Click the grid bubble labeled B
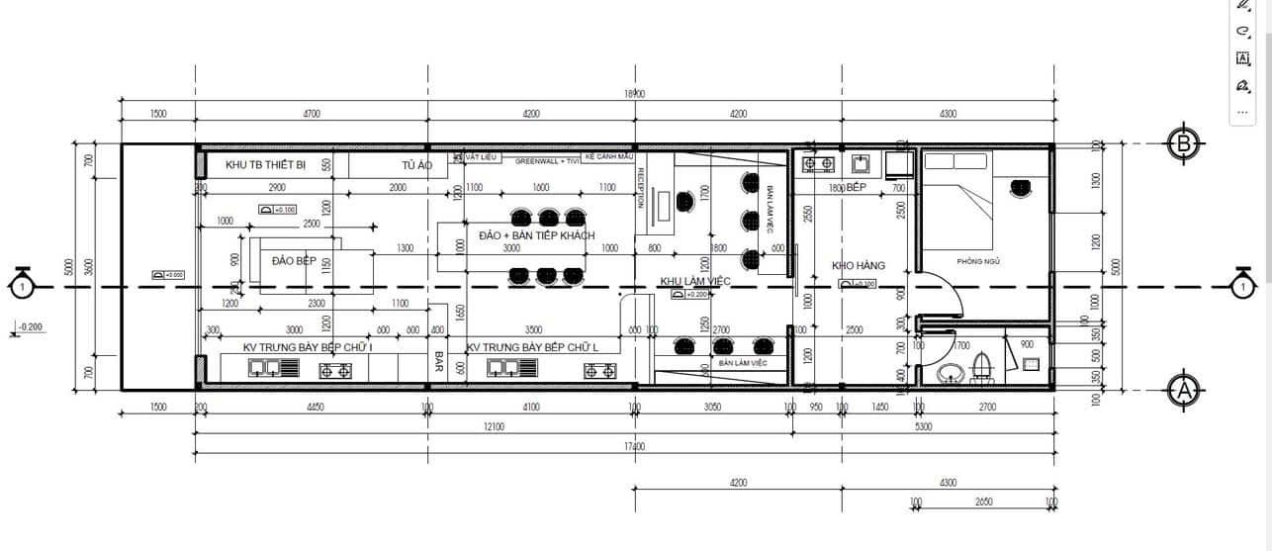[1184, 143]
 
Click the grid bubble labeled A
[1184, 390]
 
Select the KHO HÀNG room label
[858, 265]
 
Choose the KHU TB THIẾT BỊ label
[266, 164]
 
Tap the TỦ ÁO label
[415, 165]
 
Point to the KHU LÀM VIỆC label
[694, 282]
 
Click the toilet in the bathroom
[983, 364]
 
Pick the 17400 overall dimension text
[633, 447]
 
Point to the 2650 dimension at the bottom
[983, 503]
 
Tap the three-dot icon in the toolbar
[1243, 111]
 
